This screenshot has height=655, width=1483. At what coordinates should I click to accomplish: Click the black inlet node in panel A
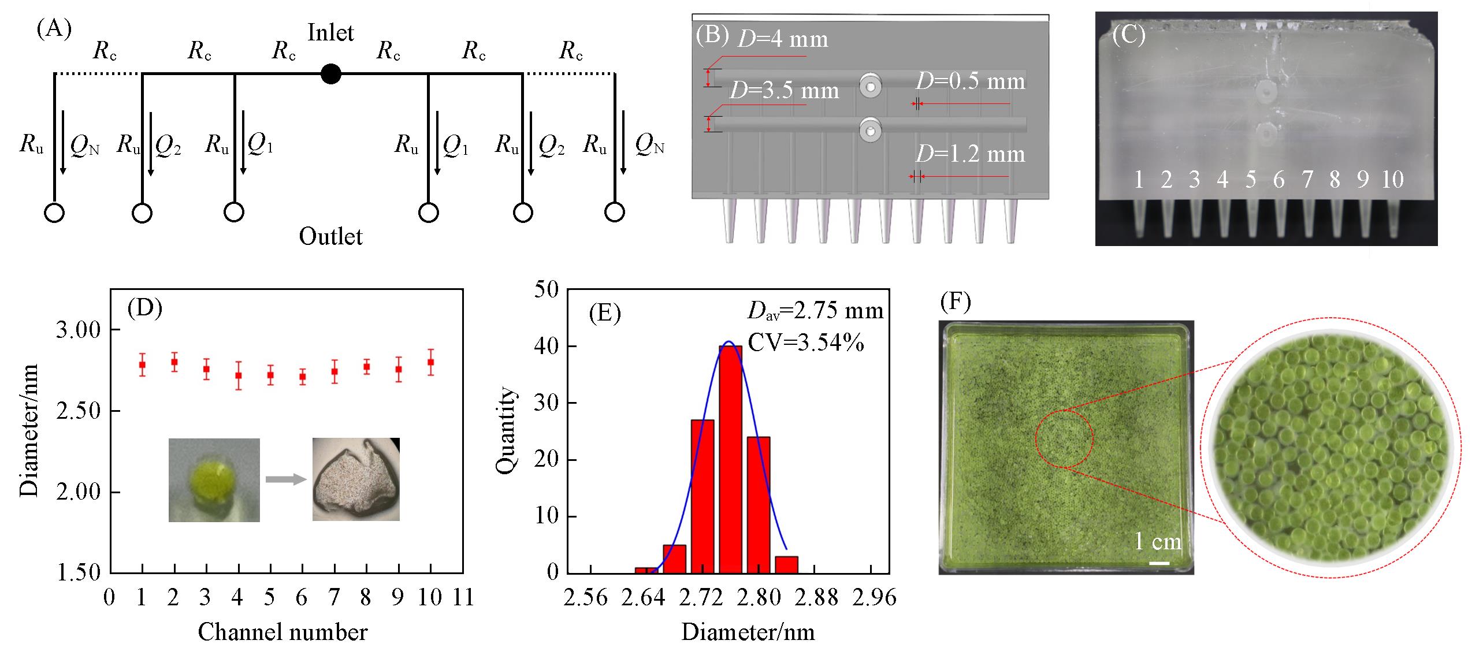pos(331,74)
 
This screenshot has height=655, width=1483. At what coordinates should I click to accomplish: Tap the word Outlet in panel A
pos(330,236)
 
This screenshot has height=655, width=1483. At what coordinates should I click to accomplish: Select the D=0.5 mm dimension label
pos(970,81)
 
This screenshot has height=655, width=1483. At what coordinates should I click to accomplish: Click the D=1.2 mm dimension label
pos(970,154)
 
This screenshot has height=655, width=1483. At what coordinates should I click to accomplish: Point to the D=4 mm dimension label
pos(783,39)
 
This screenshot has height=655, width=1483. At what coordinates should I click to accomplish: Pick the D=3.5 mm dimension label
pos(784,91)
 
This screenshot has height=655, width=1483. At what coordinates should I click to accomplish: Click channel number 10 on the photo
pos(1392,180)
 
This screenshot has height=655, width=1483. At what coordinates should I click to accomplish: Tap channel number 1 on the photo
pos(1138,180)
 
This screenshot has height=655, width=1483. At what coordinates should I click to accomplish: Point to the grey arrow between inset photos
pos(285,478)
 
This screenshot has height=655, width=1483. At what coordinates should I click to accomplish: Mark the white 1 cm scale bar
pos(1159,563)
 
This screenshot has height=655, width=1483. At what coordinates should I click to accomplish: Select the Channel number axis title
pos(283,632)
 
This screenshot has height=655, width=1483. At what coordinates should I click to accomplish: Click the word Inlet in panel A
pos(330,32)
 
